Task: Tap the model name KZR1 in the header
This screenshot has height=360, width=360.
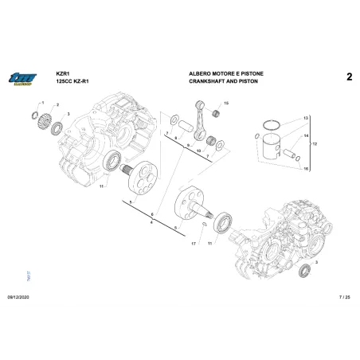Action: (x=64, y=72)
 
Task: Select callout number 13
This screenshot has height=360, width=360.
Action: (x=304, y=118)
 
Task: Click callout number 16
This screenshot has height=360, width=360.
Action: (x=304, y=169)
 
